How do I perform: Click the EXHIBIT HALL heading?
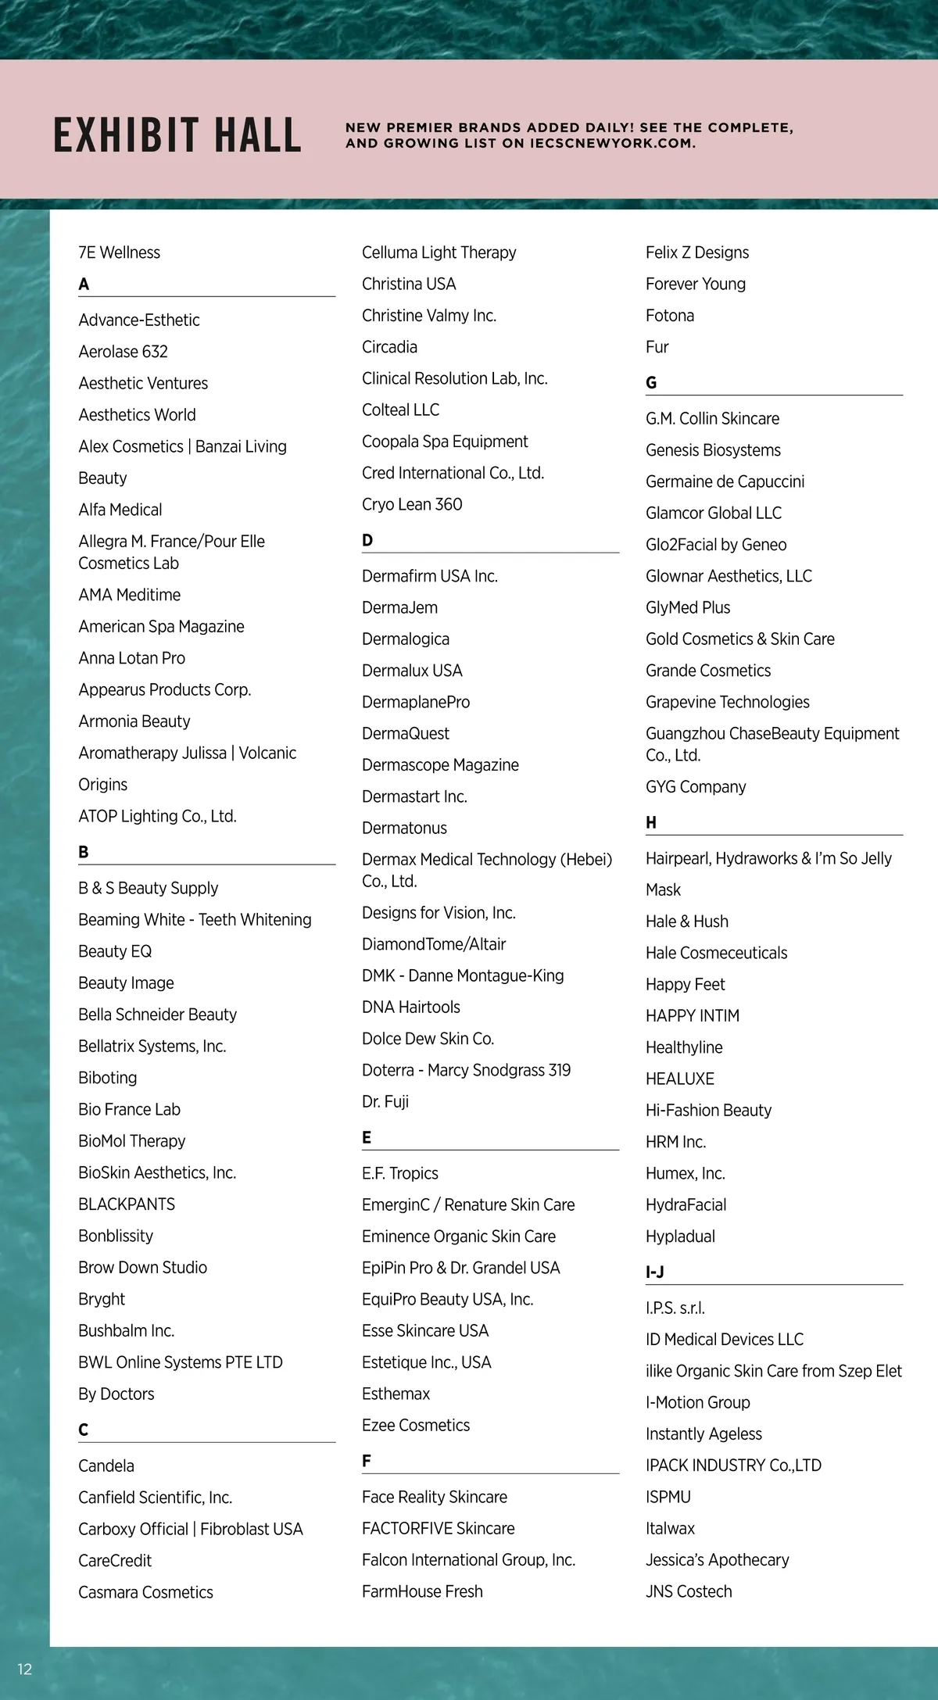pyautogui.click(x=177, y=134)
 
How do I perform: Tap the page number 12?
pyautogui.click(x=25, y=1670)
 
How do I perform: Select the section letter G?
pyautogui.click(x=651, y=383)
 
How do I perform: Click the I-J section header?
pyautogui.click(x=655, y=1272)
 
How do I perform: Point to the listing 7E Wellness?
pyautogui.click(x=119, y=252)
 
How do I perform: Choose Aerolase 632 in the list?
pyautogui.click(x=123, y=352)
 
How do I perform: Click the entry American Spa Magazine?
pyautogui.click(x=161, y=627)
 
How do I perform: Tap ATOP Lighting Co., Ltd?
pyautogui.click(x=157, y=816)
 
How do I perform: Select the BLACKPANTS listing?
pyautogui.click(x=127, y=1204)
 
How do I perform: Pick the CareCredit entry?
pyautogui.click(x=115, y=1561)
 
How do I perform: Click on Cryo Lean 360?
pyautogui.click(x=412, y=505)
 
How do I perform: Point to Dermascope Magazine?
pyautogui.click(x=440, y=765)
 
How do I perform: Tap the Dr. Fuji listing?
pyautogui.click(x=385, y=1102)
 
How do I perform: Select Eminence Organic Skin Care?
pyautogui.click(x=459, y=1237)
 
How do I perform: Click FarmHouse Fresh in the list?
pyautogui.click(x=422, y=1591)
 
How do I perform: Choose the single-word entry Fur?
pyautogui.click(x=657, y=347)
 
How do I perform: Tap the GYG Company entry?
pyautogui.click(x=696, y=787)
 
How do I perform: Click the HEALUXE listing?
pyautogui.click(x=680, y=1079)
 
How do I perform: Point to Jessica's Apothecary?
pyautogui.click(x=717, y=1560)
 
